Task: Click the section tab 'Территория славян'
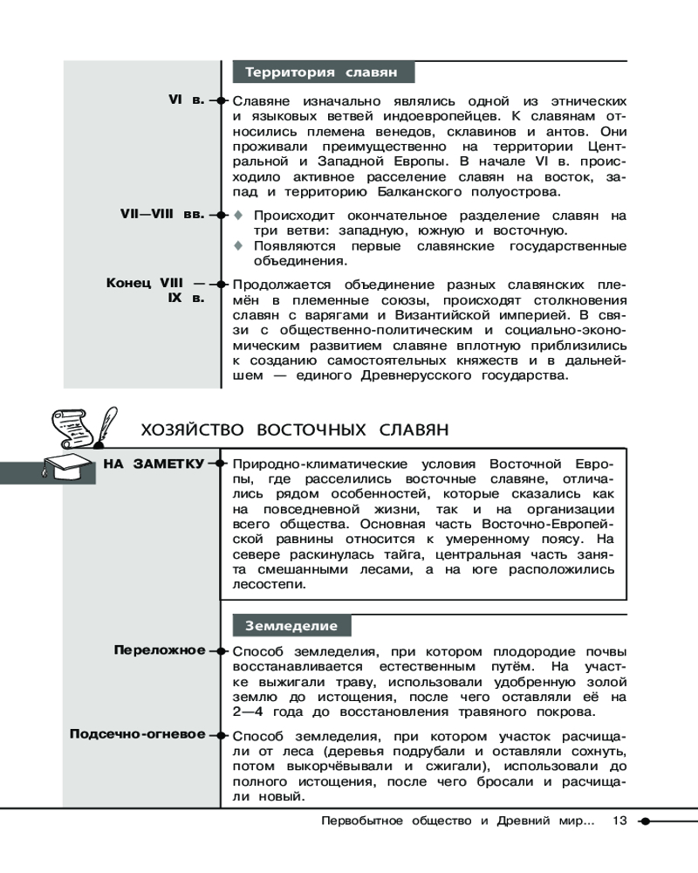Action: [x=320, y=72]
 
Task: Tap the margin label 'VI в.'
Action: [x=186, y=100]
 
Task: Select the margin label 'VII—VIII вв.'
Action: [x=161, y=212]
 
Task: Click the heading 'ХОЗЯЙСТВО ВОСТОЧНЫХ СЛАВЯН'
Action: [x=294, y=430]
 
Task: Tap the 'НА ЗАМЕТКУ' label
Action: [x=154, y=463]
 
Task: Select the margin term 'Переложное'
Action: [x=160, y=650]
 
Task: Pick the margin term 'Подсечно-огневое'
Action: [x=137, y=733]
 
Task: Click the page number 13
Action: [x=620, y=821]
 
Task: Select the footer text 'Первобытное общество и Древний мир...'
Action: [x=458, y=821]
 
